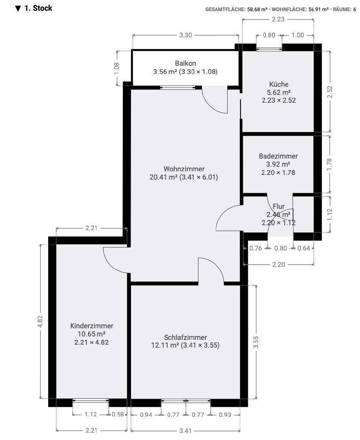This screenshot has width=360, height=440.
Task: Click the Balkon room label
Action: click(x=185, y=63)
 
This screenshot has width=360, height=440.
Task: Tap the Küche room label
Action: click(x=279, y=84)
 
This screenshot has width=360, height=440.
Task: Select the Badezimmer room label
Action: click(x=278, y=156)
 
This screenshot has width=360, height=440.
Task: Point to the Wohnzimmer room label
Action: click(x=184, y=169)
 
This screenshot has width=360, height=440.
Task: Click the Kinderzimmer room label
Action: click(x=92, y=326)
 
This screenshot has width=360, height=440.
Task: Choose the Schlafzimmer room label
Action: click(x=186, y=337)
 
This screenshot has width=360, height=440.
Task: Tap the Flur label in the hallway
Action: click(x=279, y=207)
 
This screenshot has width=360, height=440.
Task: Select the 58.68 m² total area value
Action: click(x=257, y=9)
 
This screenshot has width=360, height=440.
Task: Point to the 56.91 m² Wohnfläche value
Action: click(x=318, y=9)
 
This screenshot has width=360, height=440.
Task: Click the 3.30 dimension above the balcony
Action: click(x=186, y=35)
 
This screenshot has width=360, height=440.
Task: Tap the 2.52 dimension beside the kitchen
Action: click(x=329, y=92)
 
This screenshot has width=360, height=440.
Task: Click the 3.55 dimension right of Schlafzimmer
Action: click(x=256, y=342)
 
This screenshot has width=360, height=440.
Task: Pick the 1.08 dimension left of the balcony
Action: click(x=117, y=68)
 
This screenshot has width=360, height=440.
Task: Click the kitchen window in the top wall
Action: click(x=269, y=49)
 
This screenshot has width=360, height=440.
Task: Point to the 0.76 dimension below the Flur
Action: click(x=255, y=248)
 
